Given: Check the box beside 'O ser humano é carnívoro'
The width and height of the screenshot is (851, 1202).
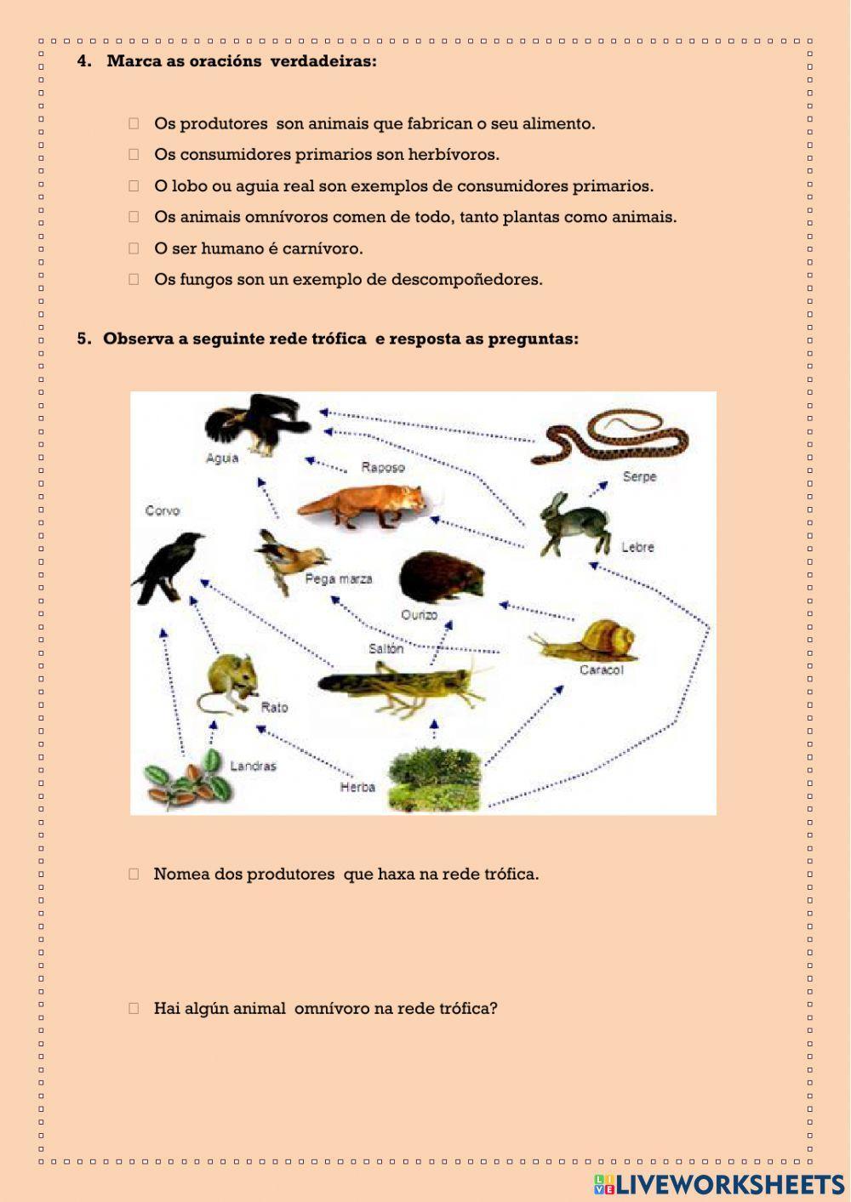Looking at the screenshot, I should [134, 248].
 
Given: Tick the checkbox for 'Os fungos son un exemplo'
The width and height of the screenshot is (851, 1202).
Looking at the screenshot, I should [134, 279].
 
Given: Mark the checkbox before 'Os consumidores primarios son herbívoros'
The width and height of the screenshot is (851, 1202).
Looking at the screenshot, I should [134, 154].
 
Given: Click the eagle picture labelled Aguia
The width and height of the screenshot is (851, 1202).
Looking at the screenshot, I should [255, 423].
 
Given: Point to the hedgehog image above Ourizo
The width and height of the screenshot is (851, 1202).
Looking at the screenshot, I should [441, 578].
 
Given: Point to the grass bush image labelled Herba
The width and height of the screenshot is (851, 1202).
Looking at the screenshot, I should [434, 778].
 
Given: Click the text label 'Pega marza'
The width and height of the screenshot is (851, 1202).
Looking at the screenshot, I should [339, 579].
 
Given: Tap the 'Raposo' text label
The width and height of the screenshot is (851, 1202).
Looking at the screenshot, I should [383, 467].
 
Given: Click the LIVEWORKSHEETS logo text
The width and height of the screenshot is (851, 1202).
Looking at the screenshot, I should [728, 1184].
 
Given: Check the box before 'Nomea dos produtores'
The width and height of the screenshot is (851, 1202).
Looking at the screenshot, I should [134, 874].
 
